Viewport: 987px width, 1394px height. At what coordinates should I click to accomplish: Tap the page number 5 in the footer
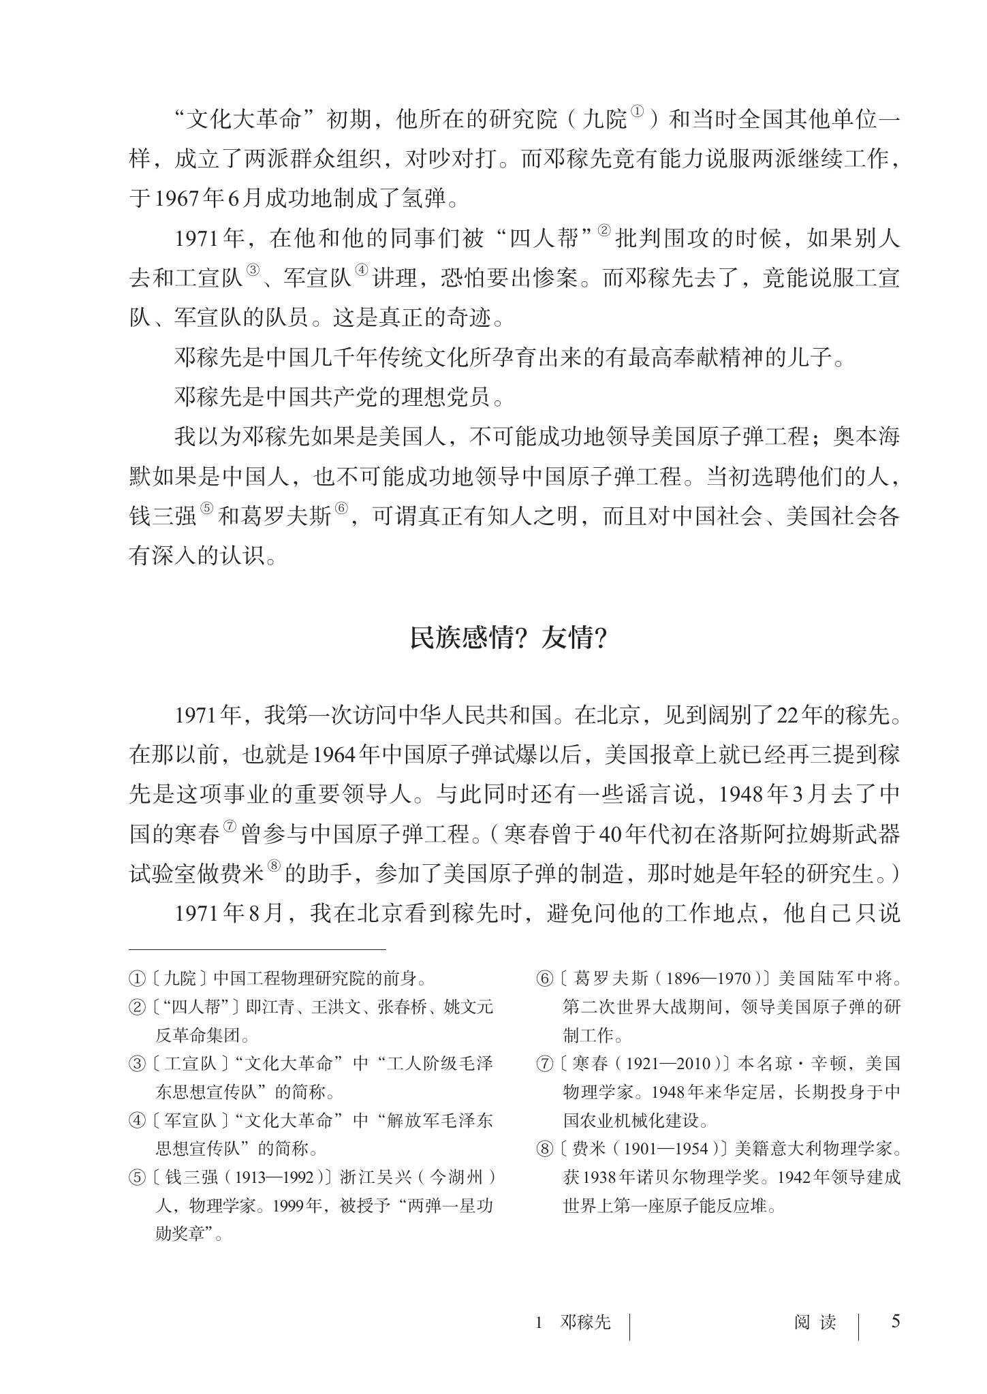pos(896,1322)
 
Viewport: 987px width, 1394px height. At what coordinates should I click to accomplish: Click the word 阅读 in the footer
pos(815,1322)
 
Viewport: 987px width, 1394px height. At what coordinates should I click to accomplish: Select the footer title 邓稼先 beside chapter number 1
pos(584,1322)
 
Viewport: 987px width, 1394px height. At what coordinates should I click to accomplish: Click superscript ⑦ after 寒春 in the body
pos(230,826)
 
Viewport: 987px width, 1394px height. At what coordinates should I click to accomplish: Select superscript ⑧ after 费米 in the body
pos(274,866)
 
